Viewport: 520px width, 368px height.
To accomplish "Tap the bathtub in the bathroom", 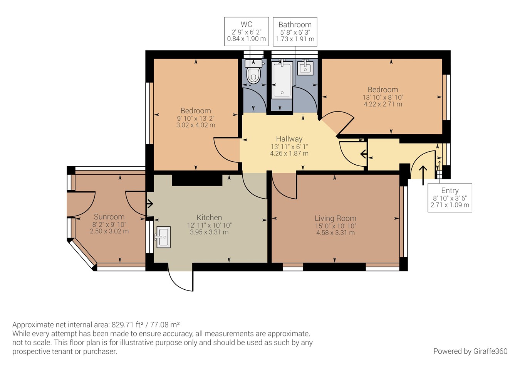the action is point(282,80).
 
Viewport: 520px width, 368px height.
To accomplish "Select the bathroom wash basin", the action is point(305,68).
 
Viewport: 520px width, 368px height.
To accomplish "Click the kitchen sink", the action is point(163,237).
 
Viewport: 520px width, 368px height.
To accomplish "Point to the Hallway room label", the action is point(289,139).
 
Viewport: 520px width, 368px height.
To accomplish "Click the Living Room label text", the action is point(335,218).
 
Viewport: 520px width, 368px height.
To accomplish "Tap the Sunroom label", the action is point(109,217).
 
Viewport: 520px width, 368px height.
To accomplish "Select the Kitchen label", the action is point(209,217).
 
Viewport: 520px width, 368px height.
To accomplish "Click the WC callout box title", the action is point(246,24).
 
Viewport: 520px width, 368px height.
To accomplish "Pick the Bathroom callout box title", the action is point(295,24).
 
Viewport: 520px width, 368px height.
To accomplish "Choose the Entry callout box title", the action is point(450,191).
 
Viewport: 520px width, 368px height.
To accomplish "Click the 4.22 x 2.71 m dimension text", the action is point(383,104).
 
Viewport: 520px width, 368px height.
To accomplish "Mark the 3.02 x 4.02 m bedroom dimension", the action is point(196,125).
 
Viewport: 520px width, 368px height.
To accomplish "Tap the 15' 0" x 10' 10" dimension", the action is point(335,226).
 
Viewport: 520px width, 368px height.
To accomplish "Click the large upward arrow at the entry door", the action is point(423,175).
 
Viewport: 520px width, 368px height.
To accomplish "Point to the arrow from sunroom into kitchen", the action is point(150,204).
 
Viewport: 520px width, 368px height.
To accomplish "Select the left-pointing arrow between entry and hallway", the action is point(363,154).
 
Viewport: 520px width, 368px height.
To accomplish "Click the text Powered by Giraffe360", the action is point(470,351).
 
